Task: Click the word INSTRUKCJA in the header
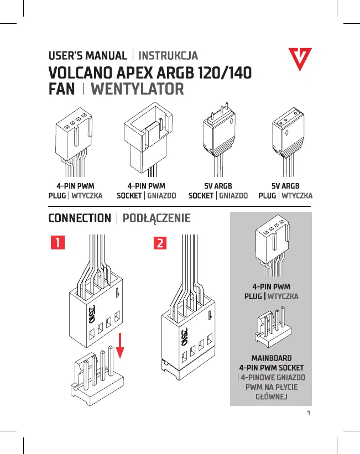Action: coord(168,56)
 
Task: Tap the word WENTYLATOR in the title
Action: coord(137,89)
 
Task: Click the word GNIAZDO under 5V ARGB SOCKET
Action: coord(233,196)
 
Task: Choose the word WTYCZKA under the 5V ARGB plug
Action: coord(298,196)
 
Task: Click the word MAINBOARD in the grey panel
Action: coord(271,358)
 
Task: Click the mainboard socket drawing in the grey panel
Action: coord(271,330)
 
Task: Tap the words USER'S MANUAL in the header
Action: coord(87,56)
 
